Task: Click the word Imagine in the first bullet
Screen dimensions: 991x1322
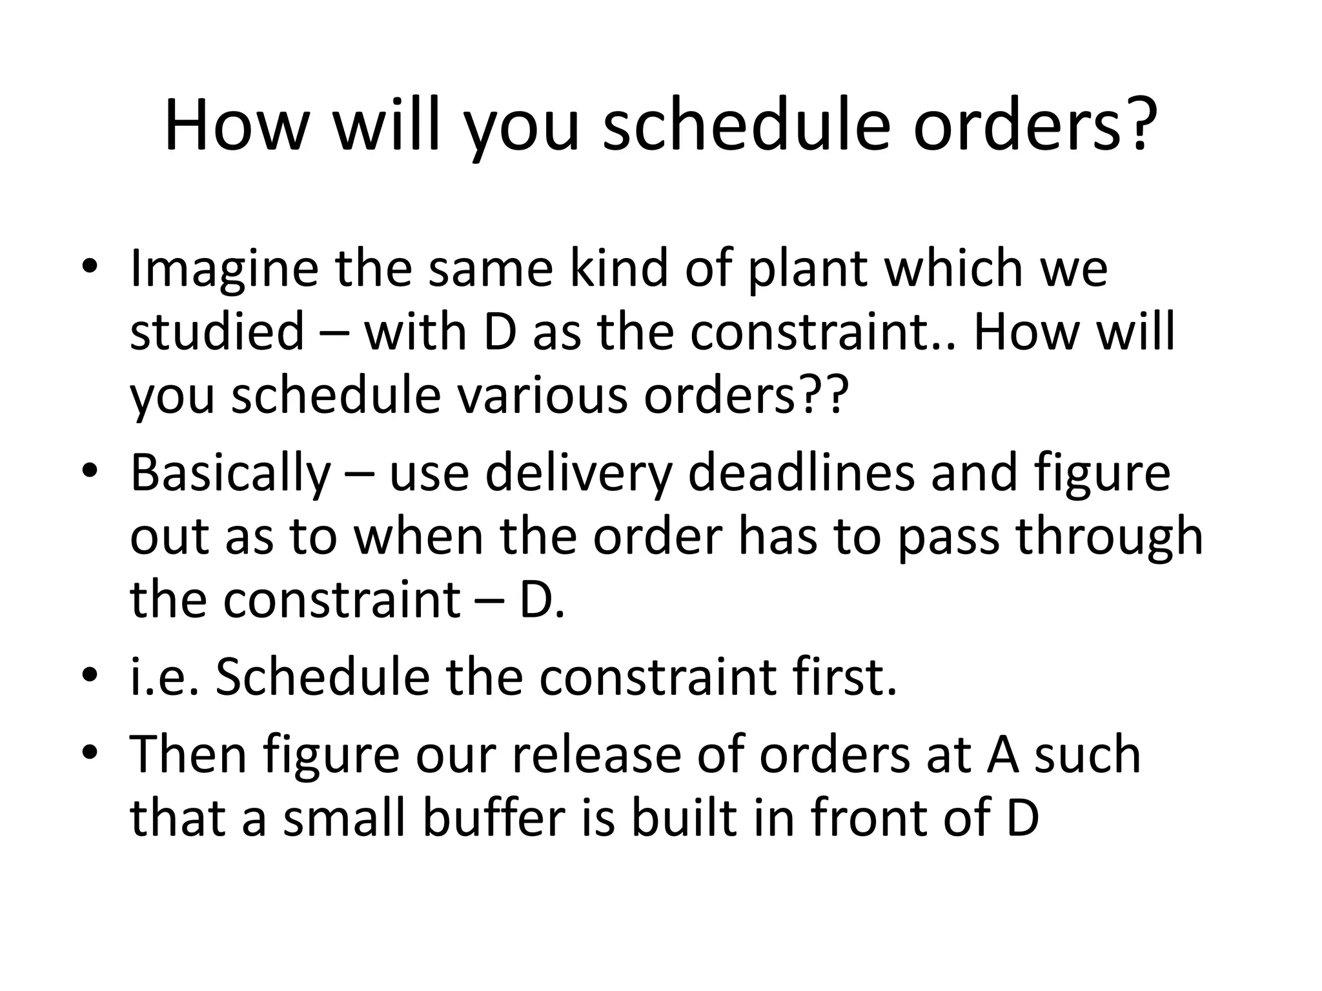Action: coord(224,270)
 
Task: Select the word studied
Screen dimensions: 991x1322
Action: coord(217,331)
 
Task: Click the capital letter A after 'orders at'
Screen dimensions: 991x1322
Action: coord(1003,754)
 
